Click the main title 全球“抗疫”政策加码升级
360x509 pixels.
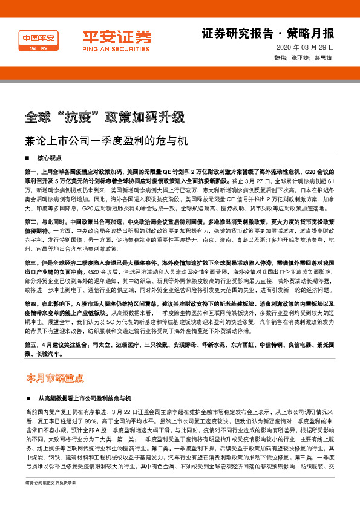tap(109, 116)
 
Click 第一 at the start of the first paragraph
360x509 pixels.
tap(31, 172)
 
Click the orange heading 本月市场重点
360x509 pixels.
tap(54, 378)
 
